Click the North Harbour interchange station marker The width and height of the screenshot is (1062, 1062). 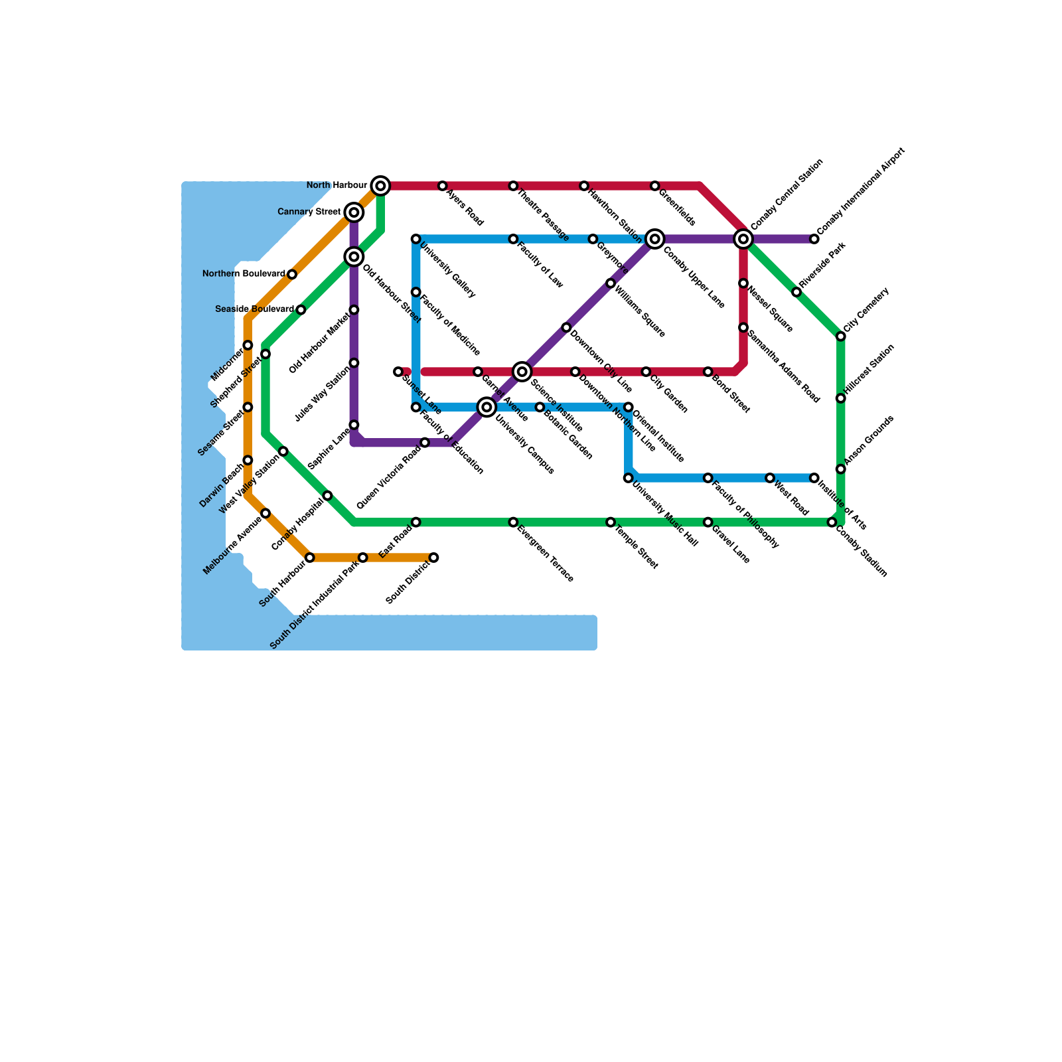pyautogui.click(x=380, y=186)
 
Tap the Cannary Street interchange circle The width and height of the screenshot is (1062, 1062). pyautogui.click(x=354, y=212)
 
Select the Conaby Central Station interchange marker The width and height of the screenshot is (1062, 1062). pyautogui.click(x=743, y=239)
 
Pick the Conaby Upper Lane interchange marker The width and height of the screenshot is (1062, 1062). pyautogui.click(x=655, y=239)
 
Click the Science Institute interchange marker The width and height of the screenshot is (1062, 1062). pyautogui.click(x=522, y=372)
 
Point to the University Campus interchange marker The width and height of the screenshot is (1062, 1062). pyautogui.click(x=487, y=407)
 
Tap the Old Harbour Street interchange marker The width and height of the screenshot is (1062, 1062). pyautogui.click(x=354, y=257)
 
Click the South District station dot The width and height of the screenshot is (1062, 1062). pyautogui.click(x=433, y=558)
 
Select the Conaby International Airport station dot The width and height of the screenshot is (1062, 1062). pyautogui.click(x=814, y=239)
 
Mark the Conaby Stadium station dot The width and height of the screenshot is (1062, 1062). pyautogui.click(x=832, y=522)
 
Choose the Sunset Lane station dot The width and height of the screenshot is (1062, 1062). pyautogui.click(x=398, y=372)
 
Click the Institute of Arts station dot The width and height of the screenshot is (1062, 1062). pyautogui.click(x=814, y=478)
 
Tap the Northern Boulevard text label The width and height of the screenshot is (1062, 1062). pyautogui.click(x=244, y=274)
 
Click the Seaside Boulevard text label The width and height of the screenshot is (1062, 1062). pyautogui.click(x=255, y=309)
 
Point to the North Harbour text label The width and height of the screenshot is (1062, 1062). pyautogui.click(x=337, y=185)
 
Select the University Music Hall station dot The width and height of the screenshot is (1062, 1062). pyautogui.click(x=629, y=478)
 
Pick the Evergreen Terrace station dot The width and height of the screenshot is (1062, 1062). pyautogui.click(x=513, y=522)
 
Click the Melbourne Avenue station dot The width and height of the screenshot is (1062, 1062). pyautogui.click(x=265, y=513)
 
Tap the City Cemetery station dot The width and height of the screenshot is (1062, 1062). pyautogui.click(x=841, y=337)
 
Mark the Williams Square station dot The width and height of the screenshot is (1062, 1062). pyautogui.click(x=611, y=283)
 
